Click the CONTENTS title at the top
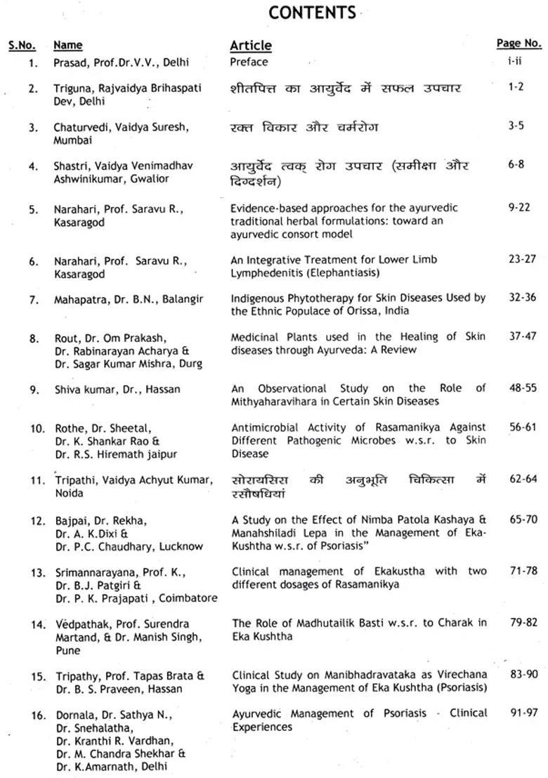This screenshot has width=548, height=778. [x=312, y=13]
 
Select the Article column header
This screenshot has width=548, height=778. [x=251, y=46]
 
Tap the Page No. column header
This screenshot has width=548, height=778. [x=518, y=44]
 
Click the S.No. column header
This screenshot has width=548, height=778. [x=22, y=46]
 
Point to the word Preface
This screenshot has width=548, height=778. [x=249, y=62]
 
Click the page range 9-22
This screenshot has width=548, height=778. [x=521, y=208]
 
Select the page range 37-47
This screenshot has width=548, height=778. [x=522, y=337]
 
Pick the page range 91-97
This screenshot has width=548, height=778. [x=523, y=713]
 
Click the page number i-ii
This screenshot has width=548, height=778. [x=515, y=61]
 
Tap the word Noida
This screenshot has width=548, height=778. [x=69, y=493]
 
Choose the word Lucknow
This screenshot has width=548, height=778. [x=181, y=546]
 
